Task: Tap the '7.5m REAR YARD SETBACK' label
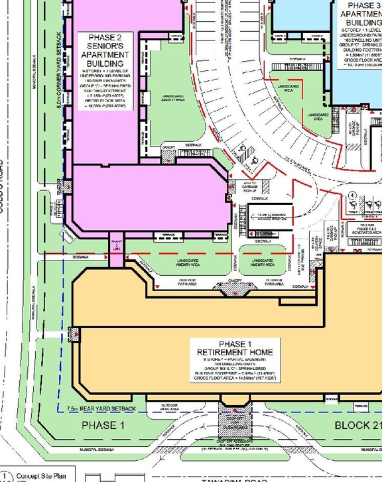coord(101,408)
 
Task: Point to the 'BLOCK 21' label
coord(357,425)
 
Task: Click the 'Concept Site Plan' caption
coord(42,475)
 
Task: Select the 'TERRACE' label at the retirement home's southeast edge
coord(361,404)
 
